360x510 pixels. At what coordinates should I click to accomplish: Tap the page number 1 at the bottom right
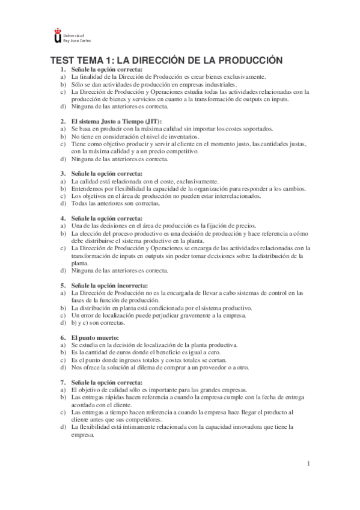pyautogui.click(x=308, y=463)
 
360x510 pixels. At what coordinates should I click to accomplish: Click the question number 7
pyautogui.click(x=63, y=382)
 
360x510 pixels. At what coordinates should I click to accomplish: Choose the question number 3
pyautogui.click(x=63, y=173)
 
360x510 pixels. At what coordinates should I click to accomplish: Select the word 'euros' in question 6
pyautogui.click(x=123, y=352)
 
